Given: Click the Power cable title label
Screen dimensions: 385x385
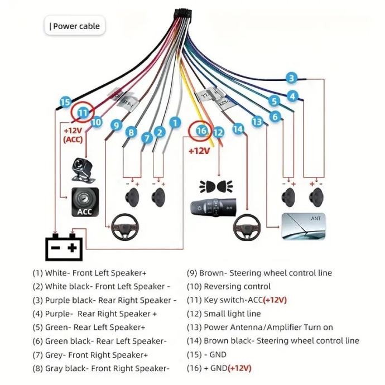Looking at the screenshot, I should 75,26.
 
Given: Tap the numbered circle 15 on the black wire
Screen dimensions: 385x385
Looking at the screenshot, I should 65,102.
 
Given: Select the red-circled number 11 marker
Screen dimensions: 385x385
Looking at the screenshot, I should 83,113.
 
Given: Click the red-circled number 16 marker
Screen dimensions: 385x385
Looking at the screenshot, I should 201,132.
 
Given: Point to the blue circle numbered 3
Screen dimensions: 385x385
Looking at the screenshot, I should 291,78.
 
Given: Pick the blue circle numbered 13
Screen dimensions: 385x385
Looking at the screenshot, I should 257,121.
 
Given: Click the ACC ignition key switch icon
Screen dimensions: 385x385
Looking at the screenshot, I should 85,202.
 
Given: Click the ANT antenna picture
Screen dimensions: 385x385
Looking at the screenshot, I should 304,226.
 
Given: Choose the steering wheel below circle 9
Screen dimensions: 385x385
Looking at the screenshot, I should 126,228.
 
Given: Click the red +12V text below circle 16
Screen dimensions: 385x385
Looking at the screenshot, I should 199,151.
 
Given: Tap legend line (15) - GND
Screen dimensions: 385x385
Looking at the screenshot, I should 207,354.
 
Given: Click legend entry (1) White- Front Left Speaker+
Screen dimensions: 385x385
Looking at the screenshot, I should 89,273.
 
